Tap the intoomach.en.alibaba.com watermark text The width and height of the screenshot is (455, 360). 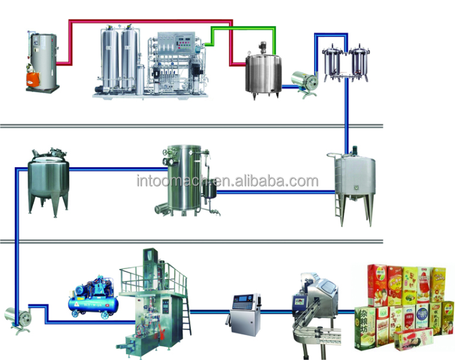tap(227, 182)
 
